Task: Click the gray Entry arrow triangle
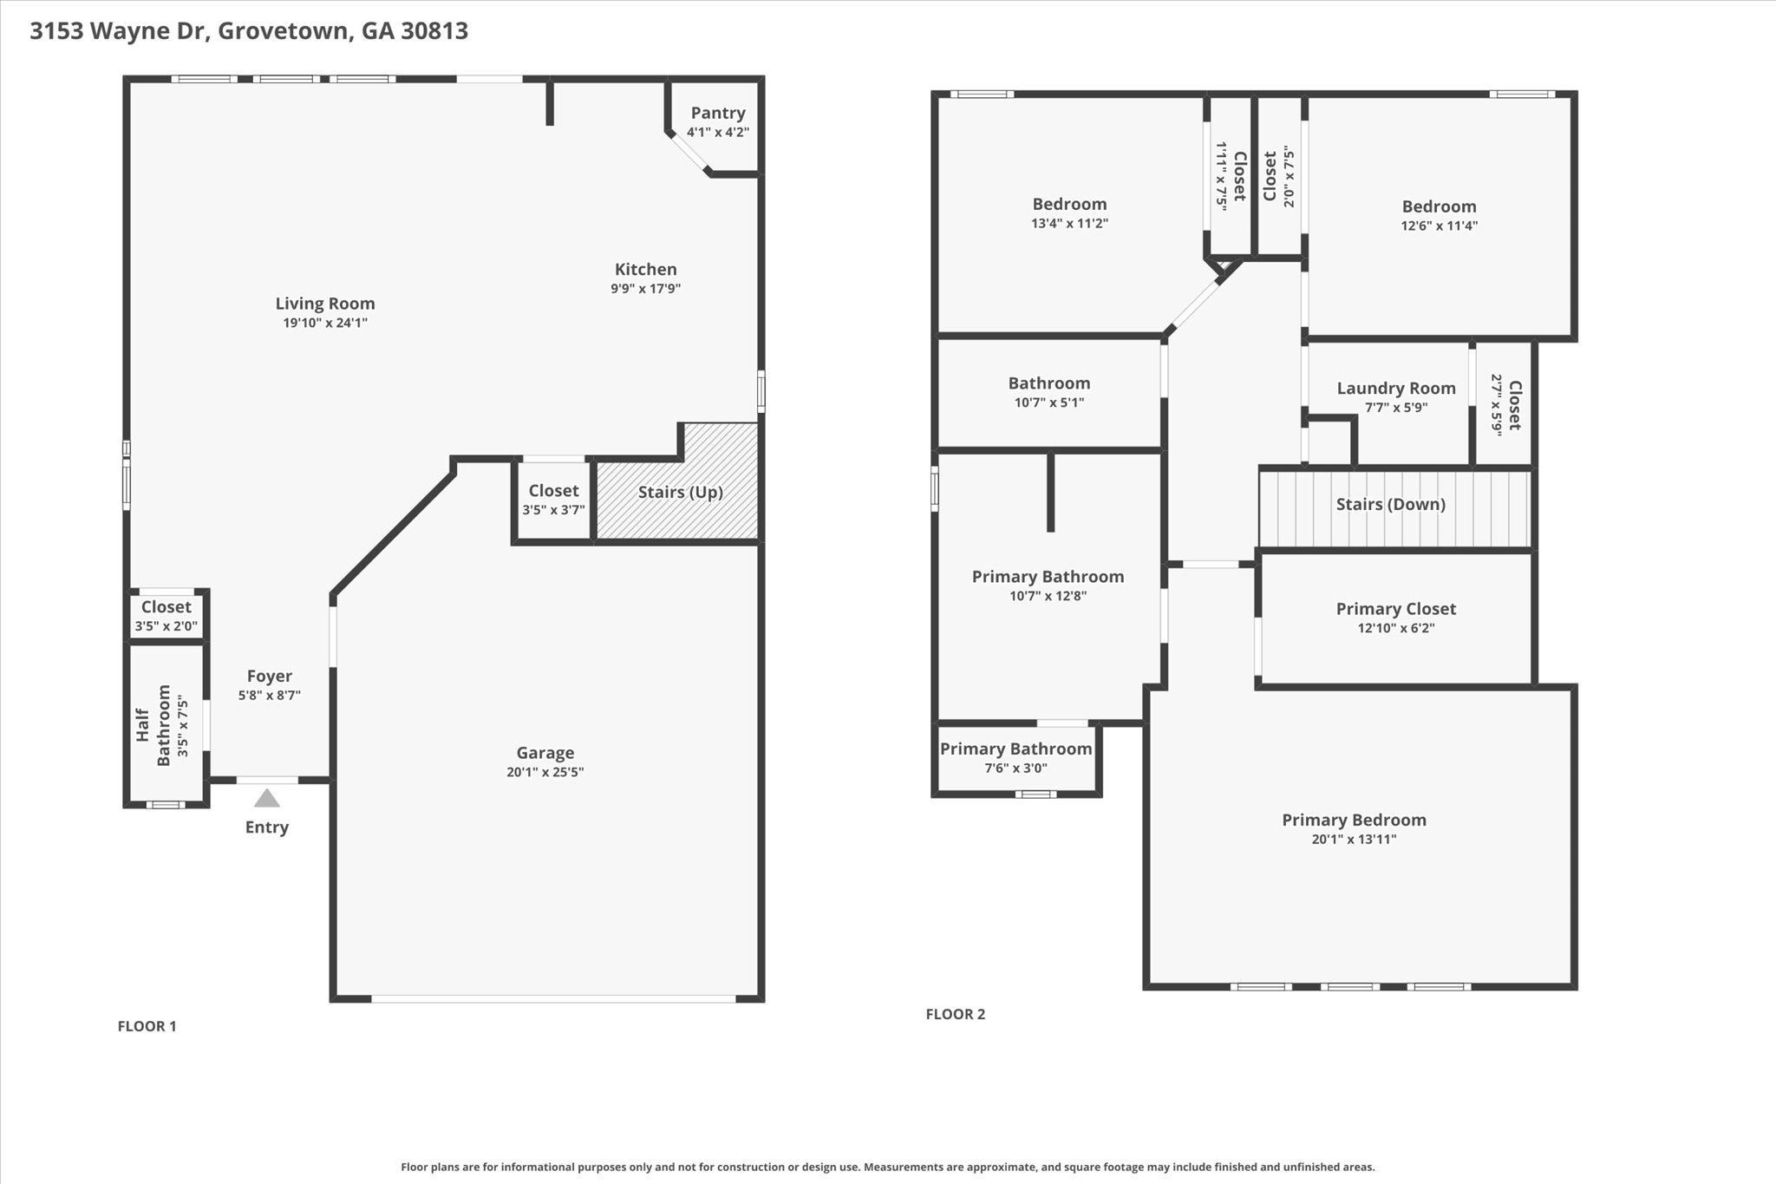[267, 798]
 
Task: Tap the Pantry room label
[718, 113]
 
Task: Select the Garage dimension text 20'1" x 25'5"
[545, 772]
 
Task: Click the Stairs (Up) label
[681, 493]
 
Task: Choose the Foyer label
[270, 676]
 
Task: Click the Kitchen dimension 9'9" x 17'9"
[646, 288]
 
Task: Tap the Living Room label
[325, 304]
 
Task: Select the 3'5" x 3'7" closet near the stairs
[554, 500]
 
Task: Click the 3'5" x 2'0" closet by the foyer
[166, 616]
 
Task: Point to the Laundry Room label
[1396, 389]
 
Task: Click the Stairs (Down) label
[1391, 504]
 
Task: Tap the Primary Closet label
[1396, 609]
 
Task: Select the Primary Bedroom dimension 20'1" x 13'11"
[1355, 839]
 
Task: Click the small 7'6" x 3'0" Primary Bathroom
[1016, 757]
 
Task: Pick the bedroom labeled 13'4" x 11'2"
[1070, 213]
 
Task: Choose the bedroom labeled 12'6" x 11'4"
[1440, 215]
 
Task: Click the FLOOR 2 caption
[956, 1014]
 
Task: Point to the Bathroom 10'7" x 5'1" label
[1049, 392]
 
